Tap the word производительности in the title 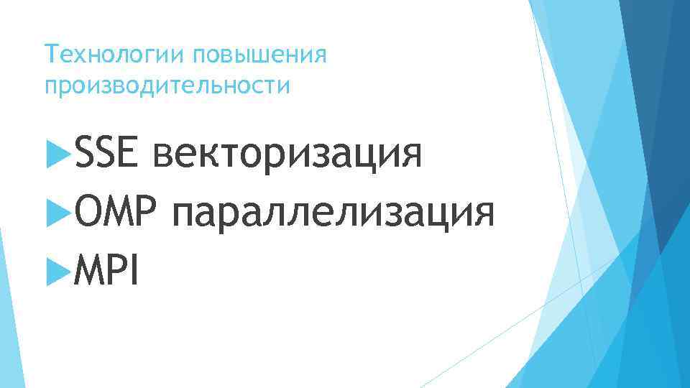pos(168,86)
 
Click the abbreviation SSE pos(106,154)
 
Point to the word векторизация pos(287,154)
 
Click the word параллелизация pos(333,214)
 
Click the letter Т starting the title pos(49,55)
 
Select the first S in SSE pos(83,154)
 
